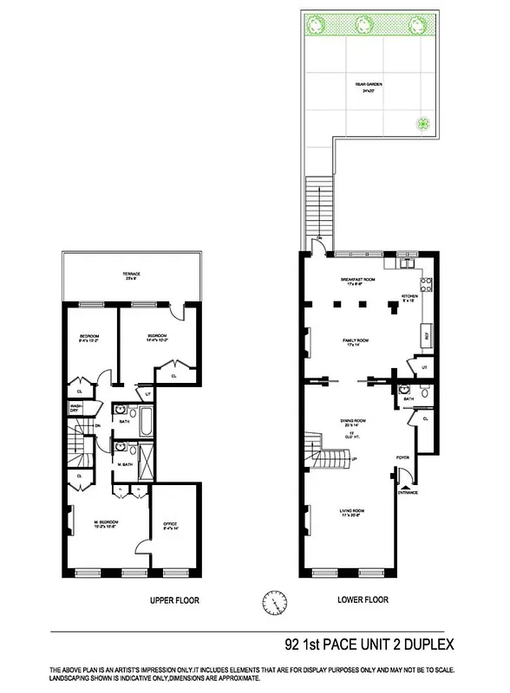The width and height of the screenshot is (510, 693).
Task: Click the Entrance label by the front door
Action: pyautogui.click(x=408, y=493)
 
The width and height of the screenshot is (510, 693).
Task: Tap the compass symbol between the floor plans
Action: pyautogui.click(x=272, y=599)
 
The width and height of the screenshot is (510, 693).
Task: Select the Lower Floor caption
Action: pyautogui.click(x=362, y=599)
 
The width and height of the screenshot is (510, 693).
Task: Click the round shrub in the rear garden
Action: pyautogui.click(x=423, y=122)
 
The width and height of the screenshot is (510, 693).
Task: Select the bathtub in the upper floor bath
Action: pyautogui.click(x=145, y=423)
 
